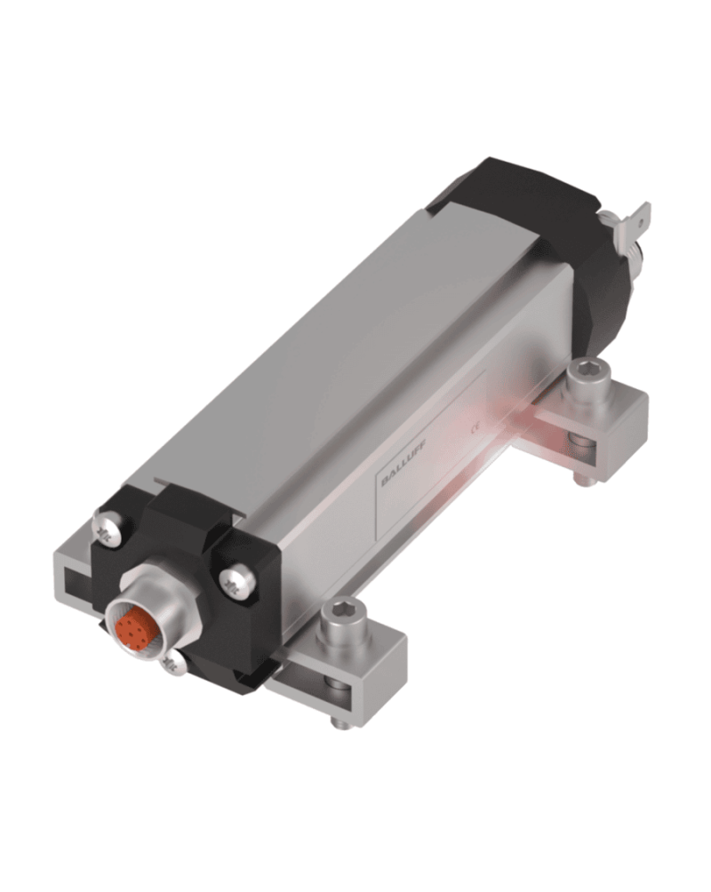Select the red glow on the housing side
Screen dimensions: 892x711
(498, 426)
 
